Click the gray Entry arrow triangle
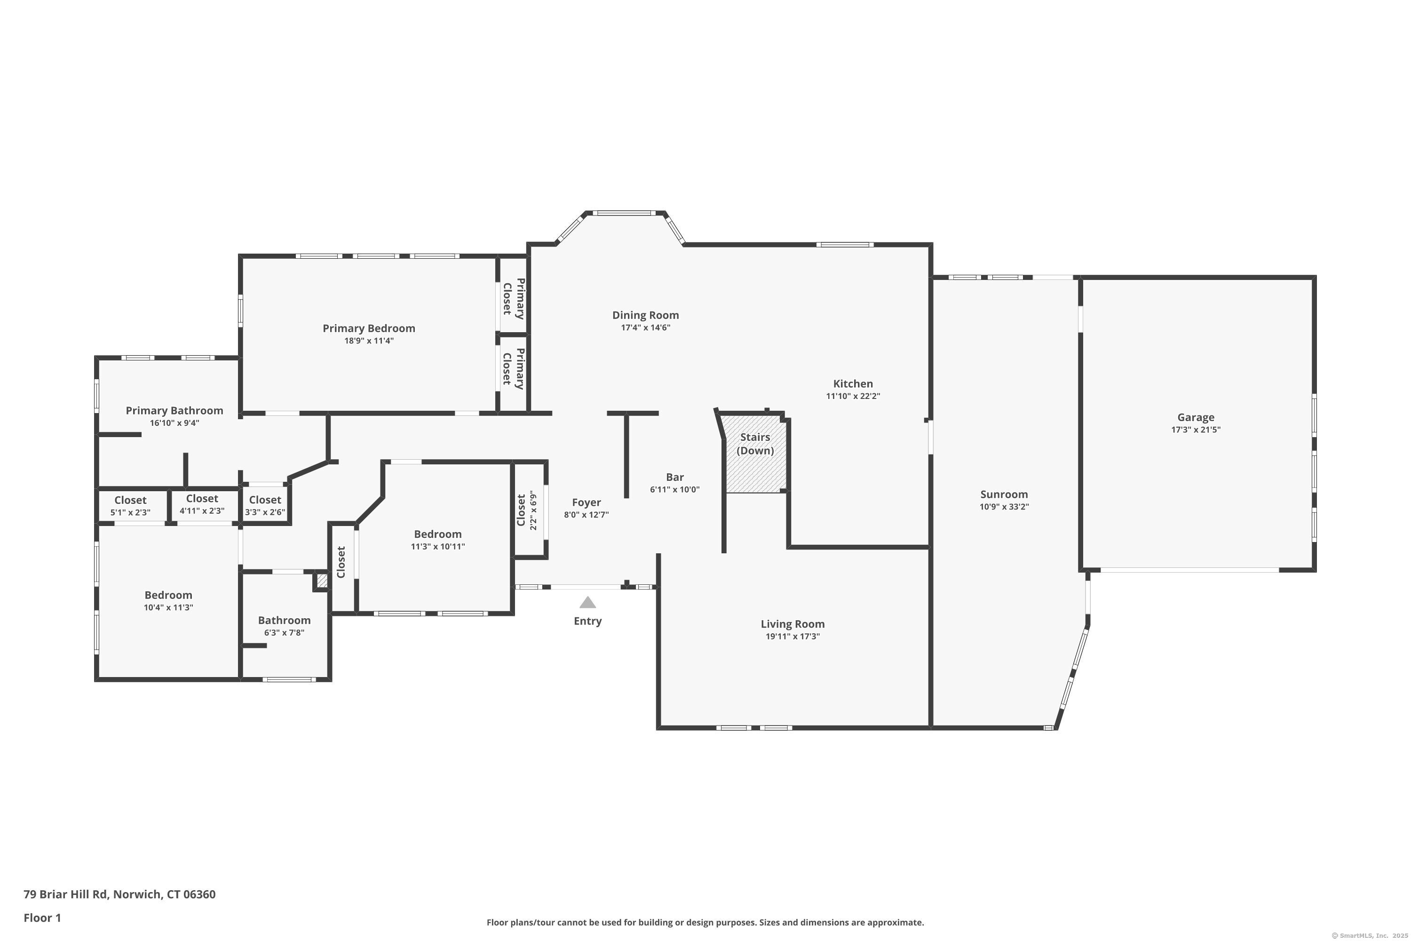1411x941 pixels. click(x=587, y=603)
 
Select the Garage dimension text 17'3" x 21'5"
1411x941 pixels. click(x=1195, y=430)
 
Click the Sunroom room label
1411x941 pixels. click(x=1004, y=494)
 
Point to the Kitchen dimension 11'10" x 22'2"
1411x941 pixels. click(x=852, y=396)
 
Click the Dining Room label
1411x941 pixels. click(x=645, y=315)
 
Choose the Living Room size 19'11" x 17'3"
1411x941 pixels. click(x=792, y=637)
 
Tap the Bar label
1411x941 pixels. click(x=674, y=477)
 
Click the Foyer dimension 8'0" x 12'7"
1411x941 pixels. click(x=586, y=515)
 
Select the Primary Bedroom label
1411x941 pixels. click(x=368, y=328)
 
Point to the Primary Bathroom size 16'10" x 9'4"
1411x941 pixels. click(x=174, y=423)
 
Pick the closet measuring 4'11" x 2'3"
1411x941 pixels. click(x=202, y=504)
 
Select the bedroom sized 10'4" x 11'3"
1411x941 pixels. click(x=168, y=601)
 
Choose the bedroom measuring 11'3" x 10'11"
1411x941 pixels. click(x=437, y=540)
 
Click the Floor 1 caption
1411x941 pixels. click(x=42, y=917)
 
